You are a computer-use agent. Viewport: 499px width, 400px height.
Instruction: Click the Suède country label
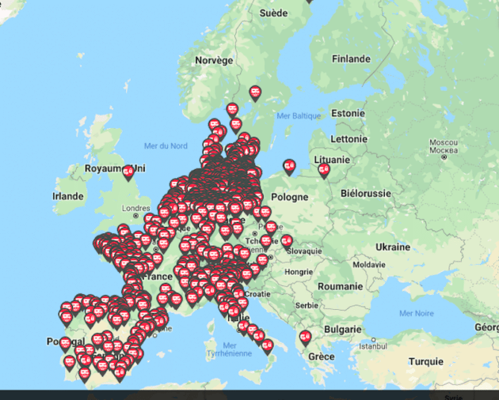[x=274, y=13]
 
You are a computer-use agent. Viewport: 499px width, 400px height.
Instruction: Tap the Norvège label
[x=215, y=60]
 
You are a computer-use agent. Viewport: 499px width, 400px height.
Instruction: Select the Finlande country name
[x=352, y=59]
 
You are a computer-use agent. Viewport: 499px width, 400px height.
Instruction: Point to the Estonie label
[x=349, y=113]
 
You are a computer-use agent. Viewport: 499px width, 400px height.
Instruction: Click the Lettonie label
[x=349, y=138]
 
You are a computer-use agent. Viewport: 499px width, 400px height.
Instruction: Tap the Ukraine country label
[x=393, y=247]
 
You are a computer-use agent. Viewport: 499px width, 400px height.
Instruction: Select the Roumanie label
[x=340, y=285]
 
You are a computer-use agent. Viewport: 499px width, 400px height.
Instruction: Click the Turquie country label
[x=426, y=361]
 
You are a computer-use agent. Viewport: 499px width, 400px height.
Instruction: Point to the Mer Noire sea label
[x=417, y=313]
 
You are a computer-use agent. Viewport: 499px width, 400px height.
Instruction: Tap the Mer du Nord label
[x=166, y=145]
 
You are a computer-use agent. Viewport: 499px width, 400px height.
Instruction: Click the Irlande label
[x=68, y=196]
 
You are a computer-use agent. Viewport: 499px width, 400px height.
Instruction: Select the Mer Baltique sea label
[x=299, y=115]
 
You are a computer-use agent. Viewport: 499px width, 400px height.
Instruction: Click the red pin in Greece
[x=305, y=338]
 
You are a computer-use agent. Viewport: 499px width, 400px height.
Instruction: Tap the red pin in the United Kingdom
[x=128, y=172]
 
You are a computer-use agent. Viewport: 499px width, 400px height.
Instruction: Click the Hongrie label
[x=299, y=271]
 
